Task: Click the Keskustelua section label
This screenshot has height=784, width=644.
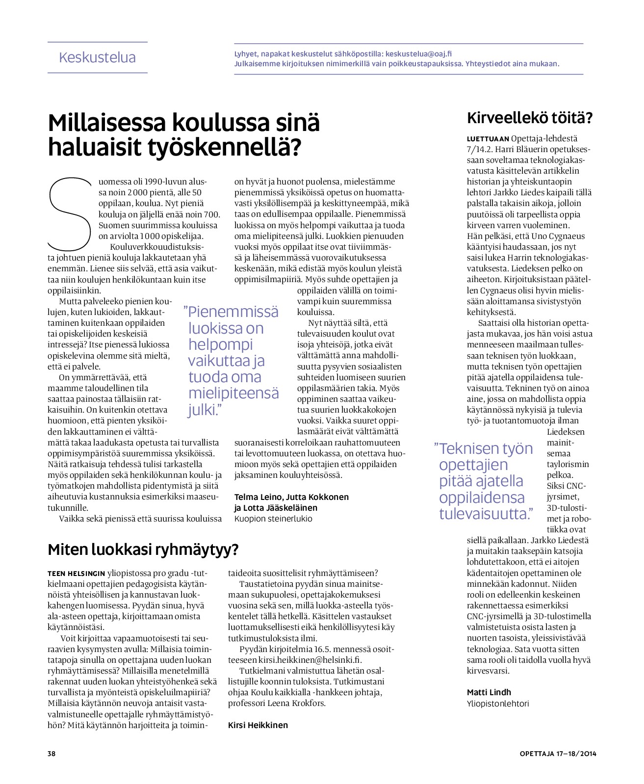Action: [x=97, y=57]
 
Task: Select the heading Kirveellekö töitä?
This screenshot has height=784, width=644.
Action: [x=529, y=118]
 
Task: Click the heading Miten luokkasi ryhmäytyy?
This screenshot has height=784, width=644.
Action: [x=143, y=549]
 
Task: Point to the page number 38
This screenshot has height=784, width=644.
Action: [x=52, y=754]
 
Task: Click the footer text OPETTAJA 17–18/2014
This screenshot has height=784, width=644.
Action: [x=558, y=754]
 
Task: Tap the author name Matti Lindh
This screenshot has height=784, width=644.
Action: [x=489, y=692]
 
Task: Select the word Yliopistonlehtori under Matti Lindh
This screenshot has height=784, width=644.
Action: [x=497, y=704]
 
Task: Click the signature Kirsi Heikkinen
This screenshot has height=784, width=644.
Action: [x=258, y=725]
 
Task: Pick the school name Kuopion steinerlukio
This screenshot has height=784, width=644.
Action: [x=273, y=519]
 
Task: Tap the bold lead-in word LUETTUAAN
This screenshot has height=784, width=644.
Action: [x=488, y=139]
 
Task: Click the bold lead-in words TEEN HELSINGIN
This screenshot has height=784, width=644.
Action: [x=76, y=573]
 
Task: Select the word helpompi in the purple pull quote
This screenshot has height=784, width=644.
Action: [x=220, y=344]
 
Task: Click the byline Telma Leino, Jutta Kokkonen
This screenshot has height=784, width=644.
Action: [x=291, y=497]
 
